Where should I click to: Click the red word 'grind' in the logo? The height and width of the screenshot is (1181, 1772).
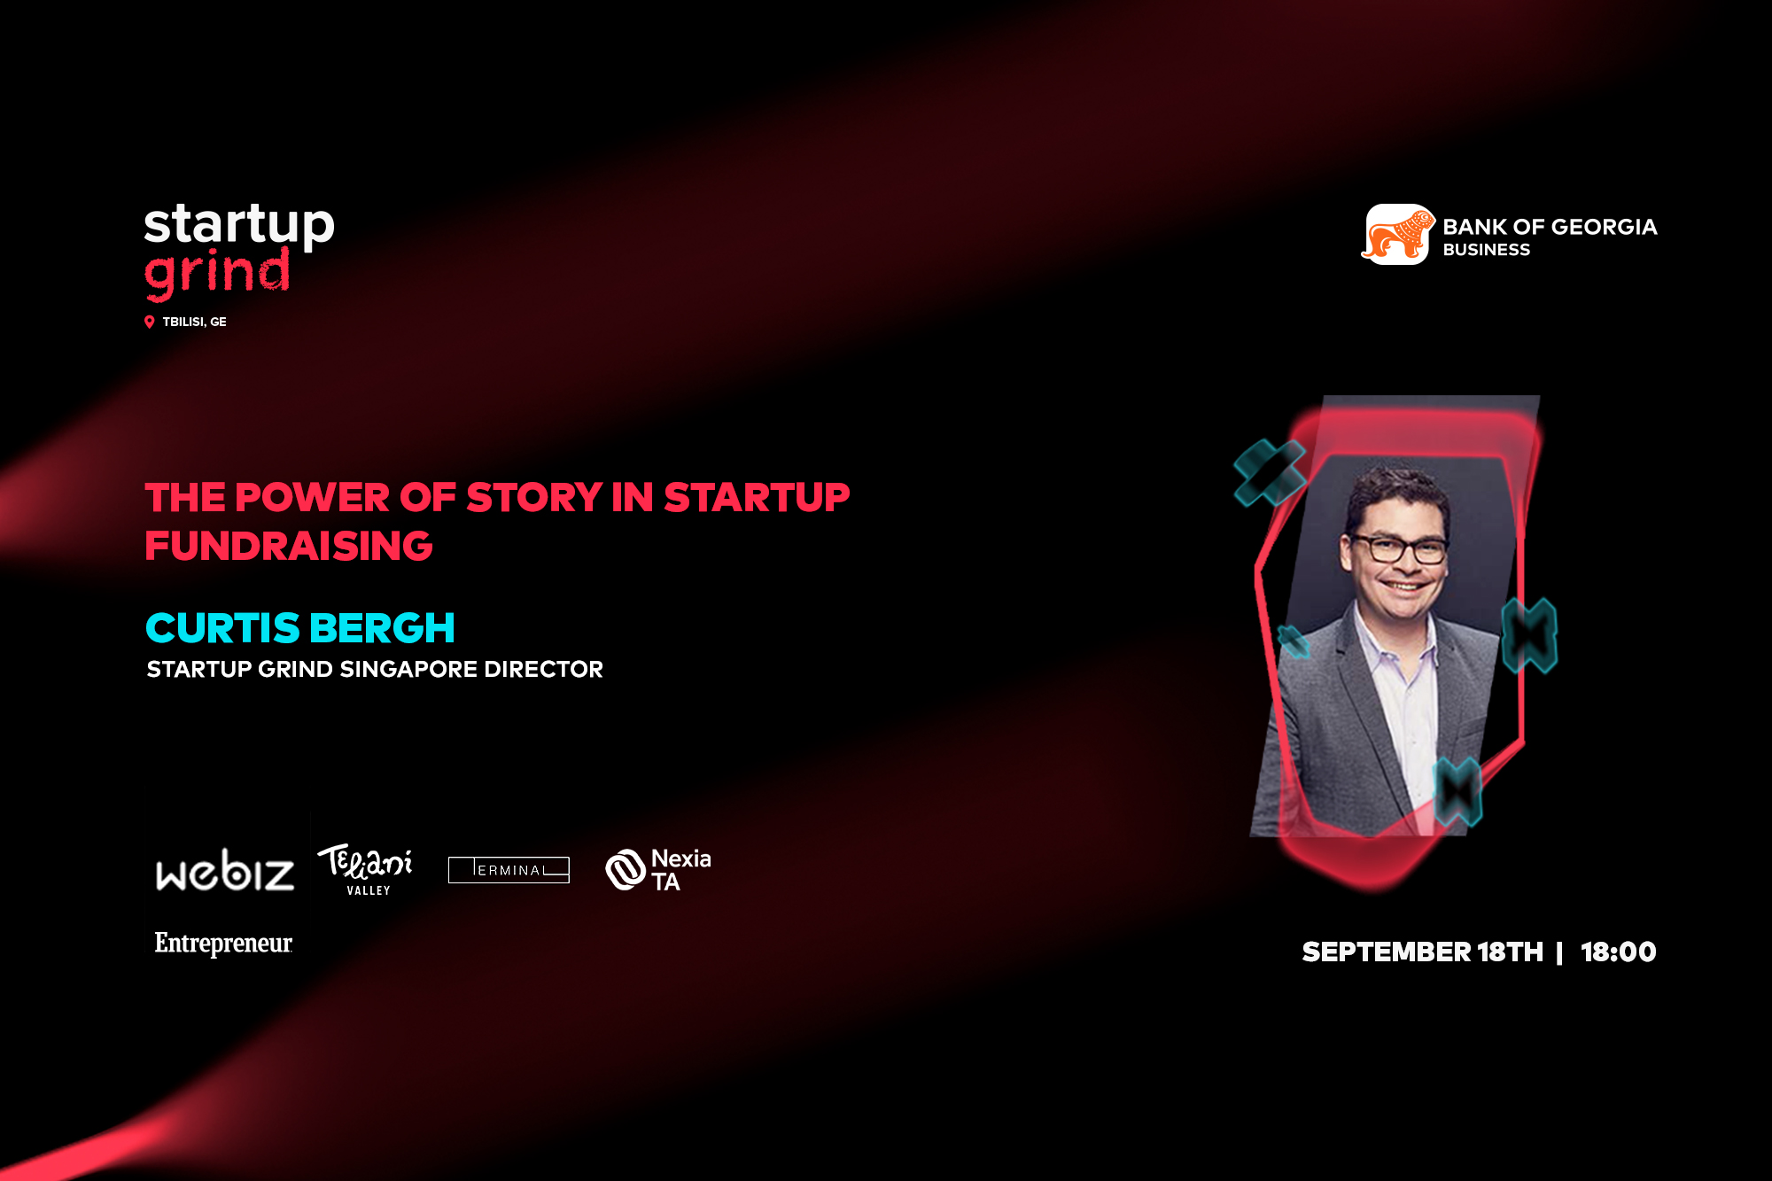[x=217, y=273]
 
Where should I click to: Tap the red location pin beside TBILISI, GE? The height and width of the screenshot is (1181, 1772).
[x=150, y=322]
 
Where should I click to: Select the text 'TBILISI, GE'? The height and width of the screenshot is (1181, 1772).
[x=194, y=322]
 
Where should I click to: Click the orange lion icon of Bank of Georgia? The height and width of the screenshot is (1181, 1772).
[x=1398, y=235]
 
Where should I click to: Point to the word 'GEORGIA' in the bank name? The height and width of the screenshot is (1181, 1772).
[x=1604, y=227]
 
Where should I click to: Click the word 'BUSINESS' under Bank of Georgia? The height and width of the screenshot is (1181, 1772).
[x=1486, y=250]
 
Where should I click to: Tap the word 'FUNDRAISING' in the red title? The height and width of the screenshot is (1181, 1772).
[x=289, y=546]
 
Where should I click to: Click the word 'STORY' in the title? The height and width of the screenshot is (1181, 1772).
[x=534, y=498]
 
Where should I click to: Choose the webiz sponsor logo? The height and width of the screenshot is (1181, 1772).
[x=225, y=871]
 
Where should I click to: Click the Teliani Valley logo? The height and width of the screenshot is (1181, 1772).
[x=365, y=869]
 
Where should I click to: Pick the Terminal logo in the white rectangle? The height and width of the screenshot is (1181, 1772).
[x=509, y=870]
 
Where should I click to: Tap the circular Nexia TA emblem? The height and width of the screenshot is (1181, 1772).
[x=626, y=869]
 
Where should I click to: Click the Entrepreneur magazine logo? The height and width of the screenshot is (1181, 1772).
[x=223, y=944]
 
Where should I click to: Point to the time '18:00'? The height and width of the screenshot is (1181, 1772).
[x=1619, y=952]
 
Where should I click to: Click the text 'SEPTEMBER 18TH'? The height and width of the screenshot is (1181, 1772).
[x=1423, y=952]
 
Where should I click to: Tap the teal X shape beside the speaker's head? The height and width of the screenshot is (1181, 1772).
[x=1270, y=473]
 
